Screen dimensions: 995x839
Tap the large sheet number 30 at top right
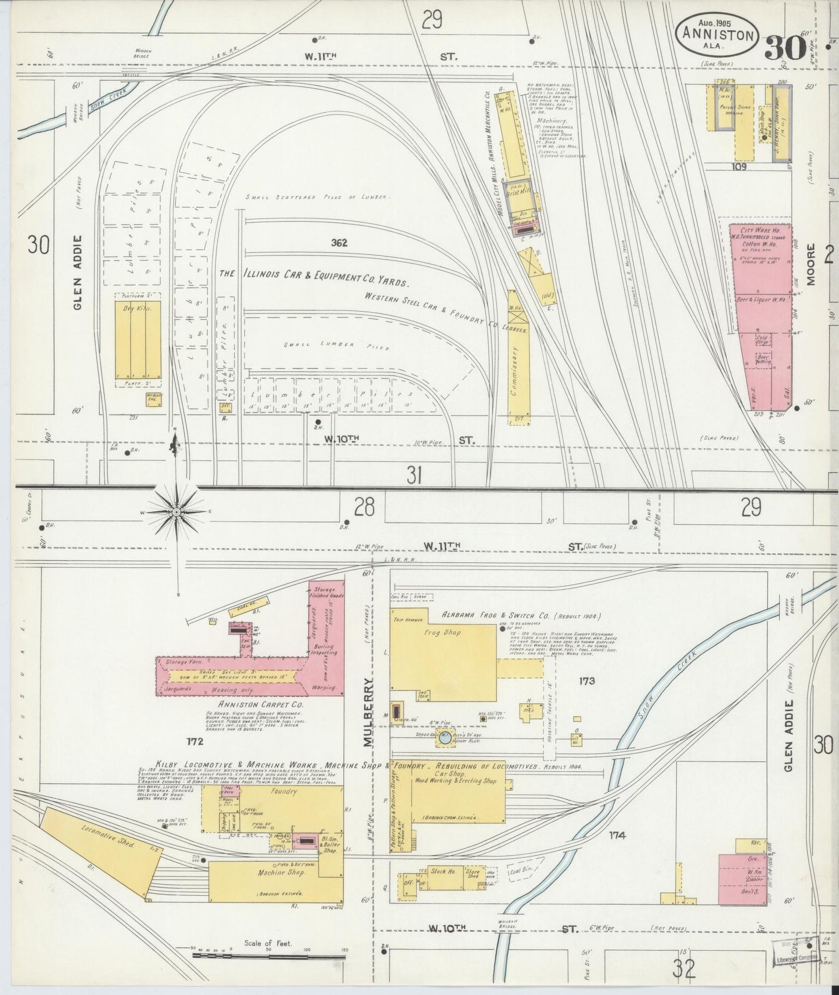[x=784, y=49]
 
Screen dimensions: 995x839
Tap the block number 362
[x=339, y=243]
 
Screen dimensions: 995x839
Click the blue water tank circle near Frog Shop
[x=444, y=738]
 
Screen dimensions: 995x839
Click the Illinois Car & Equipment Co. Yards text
[x=314, y=277]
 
